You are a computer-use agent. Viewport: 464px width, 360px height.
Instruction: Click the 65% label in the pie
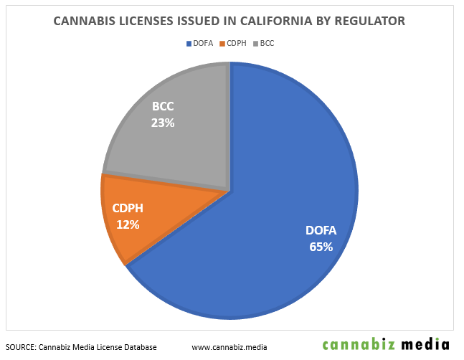321,246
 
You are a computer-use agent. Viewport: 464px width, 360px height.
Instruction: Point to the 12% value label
127,224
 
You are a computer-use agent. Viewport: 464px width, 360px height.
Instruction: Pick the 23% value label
163,123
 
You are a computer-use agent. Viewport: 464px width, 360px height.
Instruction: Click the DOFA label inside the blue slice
321,231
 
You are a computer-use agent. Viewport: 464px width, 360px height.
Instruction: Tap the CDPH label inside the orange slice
127,209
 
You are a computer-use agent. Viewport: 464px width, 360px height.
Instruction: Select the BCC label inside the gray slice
163,108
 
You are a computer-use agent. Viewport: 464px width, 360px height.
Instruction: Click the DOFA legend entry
202,43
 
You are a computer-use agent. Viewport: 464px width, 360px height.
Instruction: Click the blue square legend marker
188,43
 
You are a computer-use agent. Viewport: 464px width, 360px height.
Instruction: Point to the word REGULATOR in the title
370,22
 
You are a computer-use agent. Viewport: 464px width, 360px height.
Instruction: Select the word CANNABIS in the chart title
85,22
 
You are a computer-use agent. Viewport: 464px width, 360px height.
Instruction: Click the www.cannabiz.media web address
229,346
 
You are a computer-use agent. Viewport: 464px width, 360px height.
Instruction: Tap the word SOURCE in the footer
21,346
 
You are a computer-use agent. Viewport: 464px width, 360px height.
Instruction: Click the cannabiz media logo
386,344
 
